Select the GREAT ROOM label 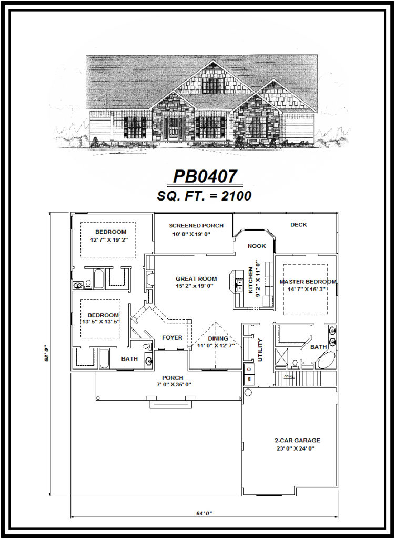(x=196, y=279)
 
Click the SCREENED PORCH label (x=196, y=226)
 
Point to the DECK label (x=298, y=225)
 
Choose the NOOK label (x=257, y=246)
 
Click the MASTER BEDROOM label (x=308, y=282)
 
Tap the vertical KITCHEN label (x=250, y=273)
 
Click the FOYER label (x=171, y=338)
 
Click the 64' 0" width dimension (x=202, y=512)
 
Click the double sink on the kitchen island (x=239, y=285)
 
